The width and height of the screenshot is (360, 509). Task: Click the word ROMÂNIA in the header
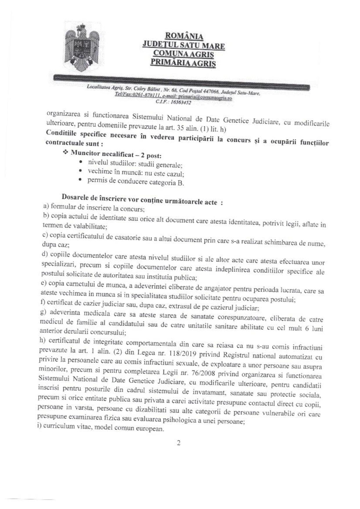[x=184, y=36]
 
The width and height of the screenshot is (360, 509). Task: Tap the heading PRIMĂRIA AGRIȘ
[x=183, y=62]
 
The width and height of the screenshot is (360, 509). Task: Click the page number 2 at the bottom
[x=179, y=443]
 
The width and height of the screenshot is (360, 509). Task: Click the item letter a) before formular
[x=46, y=206]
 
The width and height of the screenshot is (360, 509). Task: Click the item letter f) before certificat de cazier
[x=43, y=302]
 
